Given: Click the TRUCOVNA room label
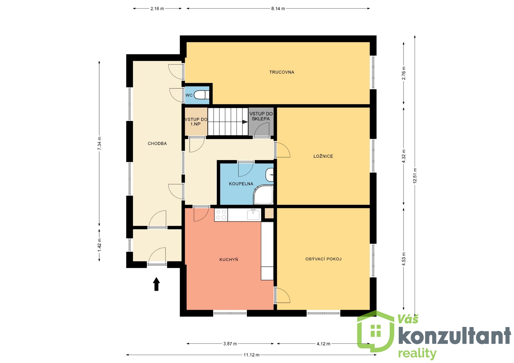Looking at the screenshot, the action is (x=282, y=72).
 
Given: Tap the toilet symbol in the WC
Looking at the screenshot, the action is (x=201, y=95).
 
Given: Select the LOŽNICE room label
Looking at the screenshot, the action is (x=323, y=156).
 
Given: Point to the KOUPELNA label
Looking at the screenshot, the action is (x=241, y=184).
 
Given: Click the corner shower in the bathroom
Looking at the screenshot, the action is (x=263, y=195).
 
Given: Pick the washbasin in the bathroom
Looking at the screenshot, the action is (x=270, y=175).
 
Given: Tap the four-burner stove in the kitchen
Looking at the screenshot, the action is (x=221, y=215).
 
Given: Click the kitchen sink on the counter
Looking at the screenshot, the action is (x=253, y=214).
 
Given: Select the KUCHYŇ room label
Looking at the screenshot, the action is (x=229, y=260).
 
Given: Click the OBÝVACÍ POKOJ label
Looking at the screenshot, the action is (x=323, y=259).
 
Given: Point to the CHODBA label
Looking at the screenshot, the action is (x=157, y=144).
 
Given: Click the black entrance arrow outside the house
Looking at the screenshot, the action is (x=156, y=284).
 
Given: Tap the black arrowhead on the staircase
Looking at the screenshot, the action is (x=245, y=122).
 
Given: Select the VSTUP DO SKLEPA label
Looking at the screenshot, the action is (x=261, y=116).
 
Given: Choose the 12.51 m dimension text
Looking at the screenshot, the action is (x=415, y=175).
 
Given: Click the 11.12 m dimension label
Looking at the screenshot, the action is (x=251, y=355).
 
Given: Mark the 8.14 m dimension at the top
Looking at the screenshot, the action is (x=278, y=9).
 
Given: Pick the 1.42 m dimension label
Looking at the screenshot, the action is (x=99, y=245).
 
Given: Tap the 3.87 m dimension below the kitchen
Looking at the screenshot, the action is (x=230, y=344).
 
